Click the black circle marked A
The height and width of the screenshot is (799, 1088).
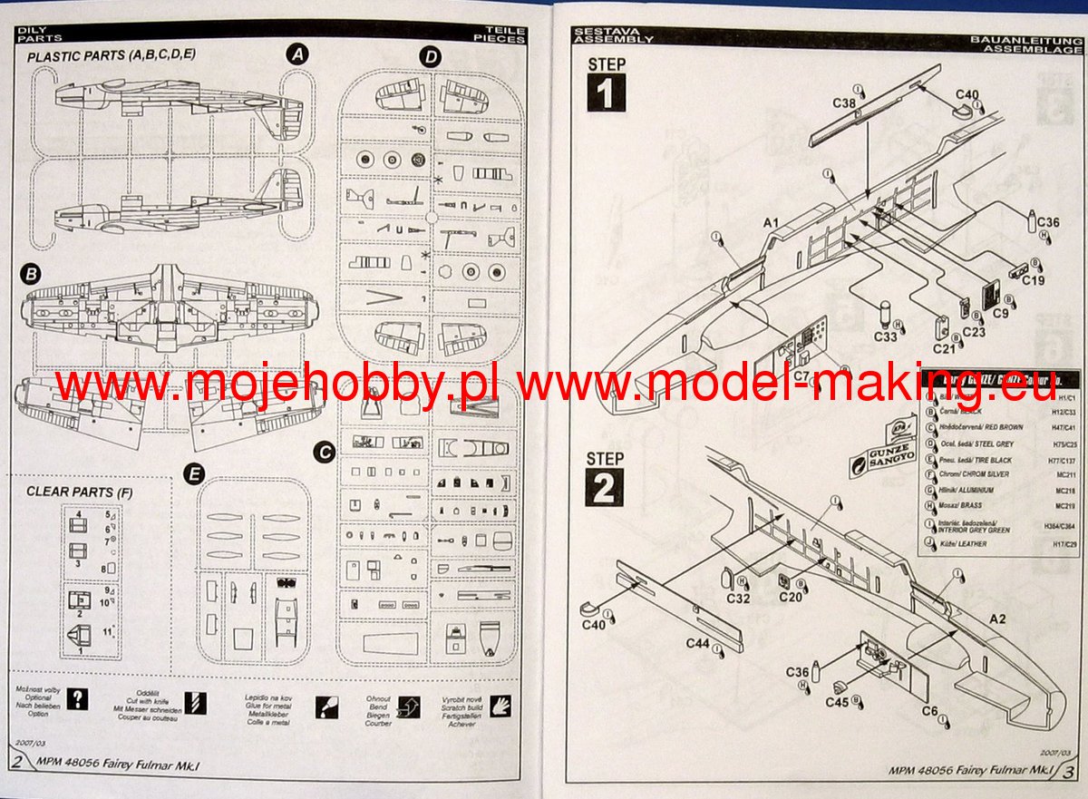(296, 54)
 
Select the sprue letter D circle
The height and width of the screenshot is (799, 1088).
(431, 57)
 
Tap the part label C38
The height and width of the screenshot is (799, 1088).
(844, 103)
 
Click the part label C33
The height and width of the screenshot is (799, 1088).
(886, 336)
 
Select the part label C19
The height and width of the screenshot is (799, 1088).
(1033, 280)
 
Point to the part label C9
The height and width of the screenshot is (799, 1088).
(1000, 312)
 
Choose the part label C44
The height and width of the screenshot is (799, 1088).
(698, 643)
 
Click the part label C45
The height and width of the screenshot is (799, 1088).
(837, 701)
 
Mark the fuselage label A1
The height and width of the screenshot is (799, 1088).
(772, 221)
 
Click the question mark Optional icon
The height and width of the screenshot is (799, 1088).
(80, 700)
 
